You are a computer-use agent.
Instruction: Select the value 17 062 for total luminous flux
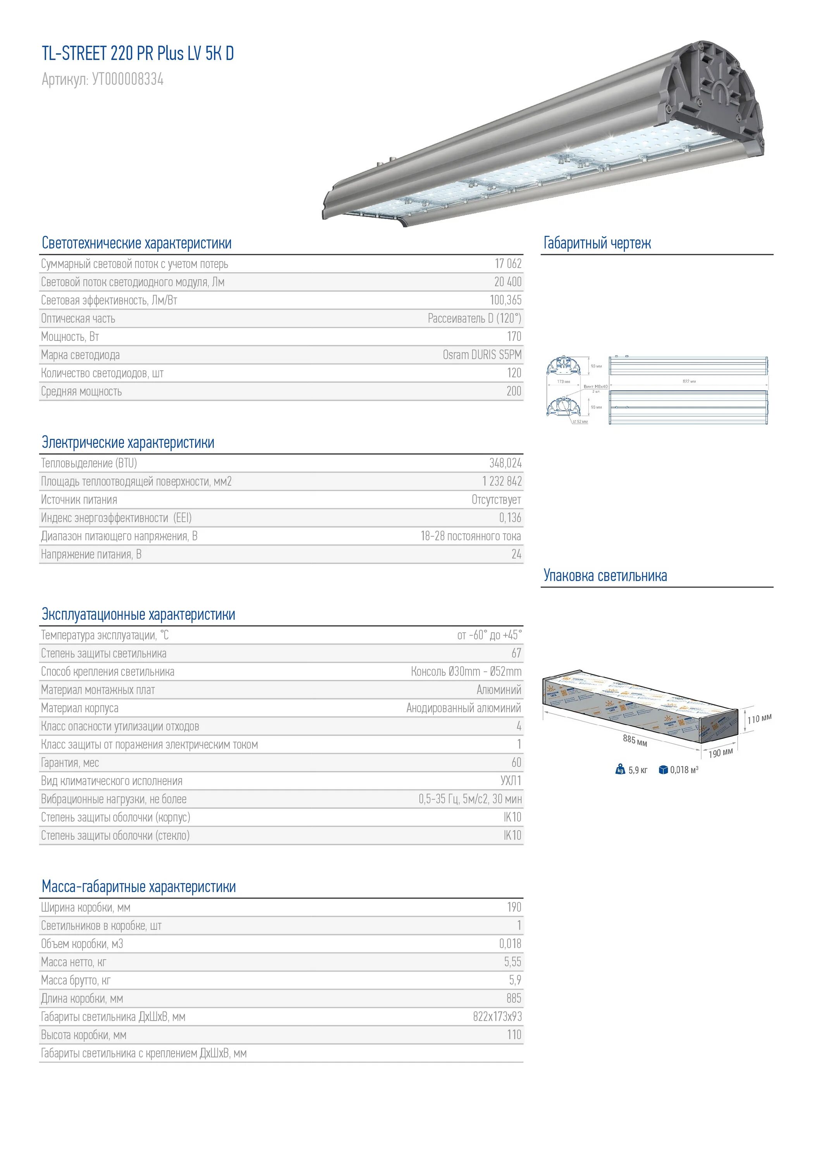(x=508, y=264)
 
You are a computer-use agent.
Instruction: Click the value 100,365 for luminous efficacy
(x=505, y=300)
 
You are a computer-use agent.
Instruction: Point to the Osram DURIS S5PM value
(x=482, y=355)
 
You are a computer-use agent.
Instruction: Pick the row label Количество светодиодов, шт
(x=102, y=373)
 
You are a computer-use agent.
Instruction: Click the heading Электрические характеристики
(x=128, y=442)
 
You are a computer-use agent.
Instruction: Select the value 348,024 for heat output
(x=505, y=463)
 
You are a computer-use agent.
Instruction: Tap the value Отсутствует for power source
(x=496, y=500)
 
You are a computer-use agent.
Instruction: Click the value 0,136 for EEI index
(x=510, y=518)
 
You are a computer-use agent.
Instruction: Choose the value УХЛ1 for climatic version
(x=511, y=781)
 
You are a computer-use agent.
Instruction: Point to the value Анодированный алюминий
(x=464, y=708)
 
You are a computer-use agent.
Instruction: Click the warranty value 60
(x=516, y=763)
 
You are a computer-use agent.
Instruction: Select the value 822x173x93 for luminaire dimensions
(x=497, y=1017)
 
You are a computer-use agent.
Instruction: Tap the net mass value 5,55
(x=512, y=962)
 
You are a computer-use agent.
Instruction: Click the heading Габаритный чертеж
(x=597, y=243)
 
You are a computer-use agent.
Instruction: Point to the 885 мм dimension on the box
(x=635, y=741)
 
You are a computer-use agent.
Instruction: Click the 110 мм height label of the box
(x=759, y=719)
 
